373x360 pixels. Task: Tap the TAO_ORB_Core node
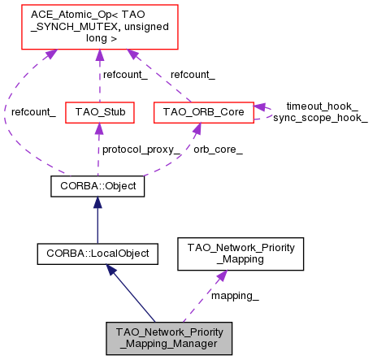pyautogui.click(x=203, y=111)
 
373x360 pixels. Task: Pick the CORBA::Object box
pyautogui.click(x=98, y=186)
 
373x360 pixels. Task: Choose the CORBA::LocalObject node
pyautogui.click(x=98, y=254)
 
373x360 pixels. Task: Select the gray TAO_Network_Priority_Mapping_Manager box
pyautogui.click(x=169, y=338)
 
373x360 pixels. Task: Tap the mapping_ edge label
pyautogui.click(x=235, y=296)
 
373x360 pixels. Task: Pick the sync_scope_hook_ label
pyautogui.click(x=320, y=118)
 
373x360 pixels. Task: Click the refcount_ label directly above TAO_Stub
pyautogui.click(x=124, y=75)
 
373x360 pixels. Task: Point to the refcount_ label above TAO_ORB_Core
pyautogui.click(x=192, y=75)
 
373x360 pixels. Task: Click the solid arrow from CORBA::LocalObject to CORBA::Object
pyautogui.click(x=98, y=219)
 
